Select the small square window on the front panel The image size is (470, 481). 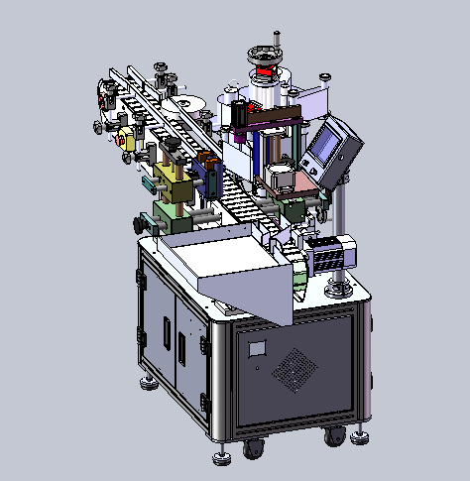coord(257,348)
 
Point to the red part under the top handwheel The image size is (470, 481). coord(265,73)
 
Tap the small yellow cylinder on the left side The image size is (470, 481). coord(125,138)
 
